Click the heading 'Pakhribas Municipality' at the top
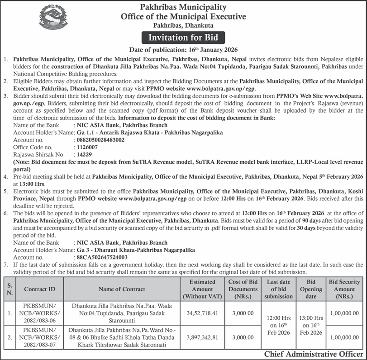click(183, 7)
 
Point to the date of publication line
click(183, 49)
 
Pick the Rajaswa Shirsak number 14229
click(85, 155)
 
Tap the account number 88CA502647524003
click(102, 257)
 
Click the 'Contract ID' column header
click(40, 289)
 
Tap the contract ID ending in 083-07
click(40, 337)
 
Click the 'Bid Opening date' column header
click(311, 289)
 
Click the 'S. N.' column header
click(10, 289)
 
